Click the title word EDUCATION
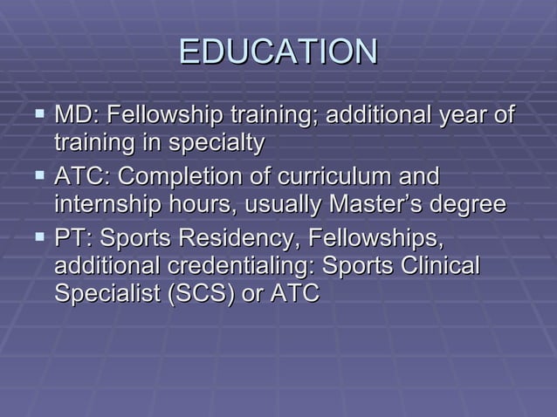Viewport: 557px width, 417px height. click(278, 51)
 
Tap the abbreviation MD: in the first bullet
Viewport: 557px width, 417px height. click(79, 115)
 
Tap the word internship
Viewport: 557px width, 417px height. click(101, 205)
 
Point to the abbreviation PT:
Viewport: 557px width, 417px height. click(73, 238)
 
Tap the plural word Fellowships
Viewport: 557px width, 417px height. click(371, 238)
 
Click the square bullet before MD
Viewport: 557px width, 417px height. click(39, 113)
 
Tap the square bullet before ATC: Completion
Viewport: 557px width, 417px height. click(39, 175)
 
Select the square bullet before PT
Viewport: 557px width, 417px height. click(39, 236)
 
